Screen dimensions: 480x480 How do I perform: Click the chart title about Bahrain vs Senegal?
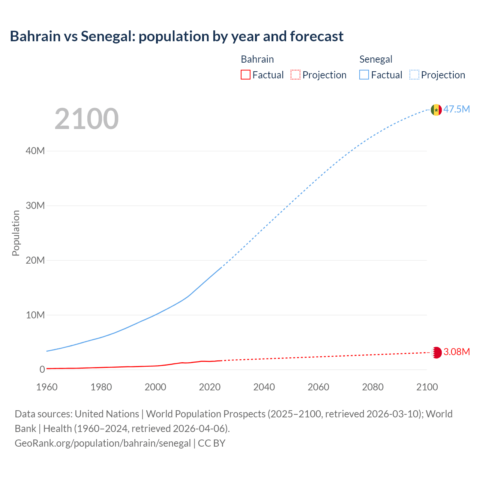[x=177, y=36]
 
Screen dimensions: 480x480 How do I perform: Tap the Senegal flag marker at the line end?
[x=436, y=110]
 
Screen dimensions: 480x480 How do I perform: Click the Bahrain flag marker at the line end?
[x=436, y=352]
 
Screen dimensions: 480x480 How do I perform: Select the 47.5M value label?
[x=456, y=109]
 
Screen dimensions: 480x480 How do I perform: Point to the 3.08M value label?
[x=456, y=352]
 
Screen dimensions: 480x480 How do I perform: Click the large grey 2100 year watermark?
[x=87, y=119]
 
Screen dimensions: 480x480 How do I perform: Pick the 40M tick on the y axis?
[x=35, y=151]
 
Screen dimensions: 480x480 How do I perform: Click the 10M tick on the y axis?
[x=35, y=315]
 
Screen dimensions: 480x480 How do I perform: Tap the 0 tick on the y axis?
[x=42, y=369]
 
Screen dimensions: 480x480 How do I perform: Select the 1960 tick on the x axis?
[x=47, y=387]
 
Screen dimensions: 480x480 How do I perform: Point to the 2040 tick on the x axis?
[x=264, y=387]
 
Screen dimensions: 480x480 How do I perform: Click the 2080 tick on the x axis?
[x=373, y=387]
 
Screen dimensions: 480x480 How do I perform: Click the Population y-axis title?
[x=16, y=233]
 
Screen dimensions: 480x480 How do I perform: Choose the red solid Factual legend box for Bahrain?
[x=246, y=75]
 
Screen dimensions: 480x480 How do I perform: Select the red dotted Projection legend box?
[x=295, y=75]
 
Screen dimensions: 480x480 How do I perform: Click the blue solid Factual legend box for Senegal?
[x=364, y=75]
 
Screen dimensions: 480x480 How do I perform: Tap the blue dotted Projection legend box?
[x=414, y=75]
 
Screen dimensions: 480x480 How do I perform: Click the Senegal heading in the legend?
[x=376, y=59]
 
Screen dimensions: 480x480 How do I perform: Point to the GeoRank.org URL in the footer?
[x=103, y=443]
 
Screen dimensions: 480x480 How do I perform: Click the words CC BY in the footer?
[x=211, y=443]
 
